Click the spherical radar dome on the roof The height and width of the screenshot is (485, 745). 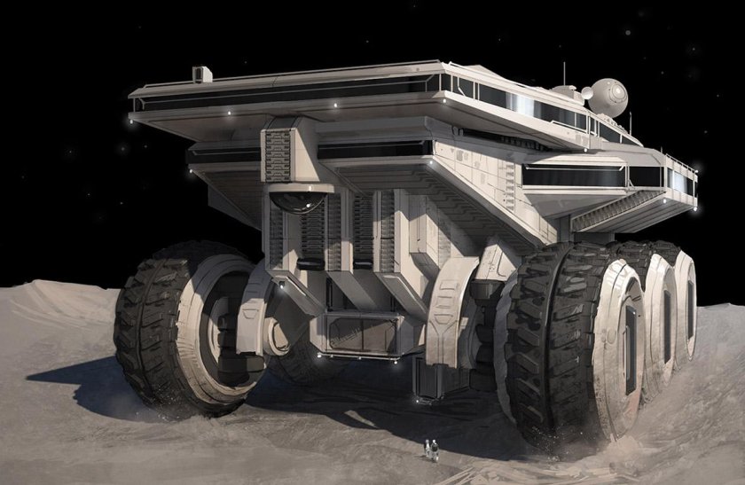608,97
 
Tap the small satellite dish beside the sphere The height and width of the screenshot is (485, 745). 586,92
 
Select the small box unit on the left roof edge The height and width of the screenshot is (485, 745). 201,74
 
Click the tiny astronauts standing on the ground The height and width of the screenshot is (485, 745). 431,450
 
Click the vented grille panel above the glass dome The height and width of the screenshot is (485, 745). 278,156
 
